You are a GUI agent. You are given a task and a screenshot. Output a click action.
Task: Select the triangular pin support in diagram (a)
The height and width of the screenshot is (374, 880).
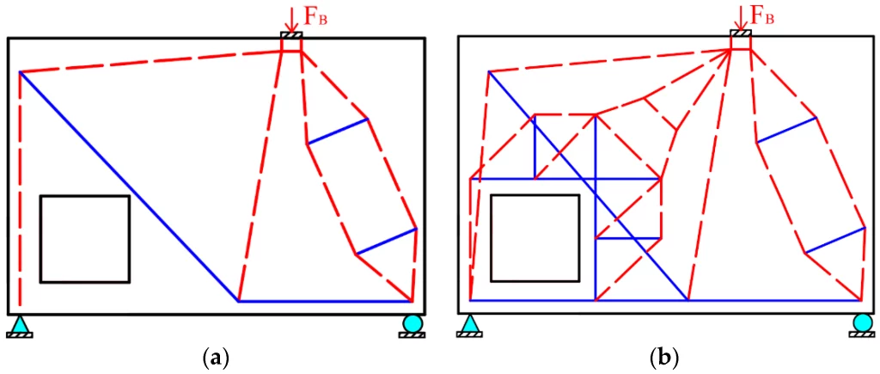(21, 326)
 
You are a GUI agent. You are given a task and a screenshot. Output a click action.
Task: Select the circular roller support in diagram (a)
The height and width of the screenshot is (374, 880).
(412, 326)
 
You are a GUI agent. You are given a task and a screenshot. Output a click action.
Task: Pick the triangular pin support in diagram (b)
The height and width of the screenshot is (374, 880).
(470, 326)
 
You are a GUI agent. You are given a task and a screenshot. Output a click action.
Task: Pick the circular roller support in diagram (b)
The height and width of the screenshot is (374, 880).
(862, 326)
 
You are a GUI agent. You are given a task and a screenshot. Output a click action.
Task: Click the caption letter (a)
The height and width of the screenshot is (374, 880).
(214, 357)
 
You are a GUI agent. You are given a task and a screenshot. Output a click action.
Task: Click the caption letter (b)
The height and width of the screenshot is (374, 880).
(664, 357)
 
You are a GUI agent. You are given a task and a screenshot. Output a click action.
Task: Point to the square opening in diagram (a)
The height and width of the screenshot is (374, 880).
(85, 196)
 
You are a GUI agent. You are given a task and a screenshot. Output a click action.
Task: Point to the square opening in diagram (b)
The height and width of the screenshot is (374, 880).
(535, 195)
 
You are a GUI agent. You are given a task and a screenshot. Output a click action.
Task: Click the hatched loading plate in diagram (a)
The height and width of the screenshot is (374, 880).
(291, 35)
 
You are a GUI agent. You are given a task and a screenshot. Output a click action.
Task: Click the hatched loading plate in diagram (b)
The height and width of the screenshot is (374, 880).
(741, 34)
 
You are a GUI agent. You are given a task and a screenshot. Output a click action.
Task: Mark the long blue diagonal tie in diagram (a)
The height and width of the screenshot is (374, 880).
(129, 187)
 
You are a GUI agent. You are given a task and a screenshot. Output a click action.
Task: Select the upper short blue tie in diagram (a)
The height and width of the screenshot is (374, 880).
(337, 132)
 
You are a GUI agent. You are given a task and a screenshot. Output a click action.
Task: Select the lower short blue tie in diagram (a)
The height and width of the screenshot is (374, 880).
(386, 242)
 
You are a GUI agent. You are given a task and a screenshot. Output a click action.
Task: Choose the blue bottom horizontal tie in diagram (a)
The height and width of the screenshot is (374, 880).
(326, 302)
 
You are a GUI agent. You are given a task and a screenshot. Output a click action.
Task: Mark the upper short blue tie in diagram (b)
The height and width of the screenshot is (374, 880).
(785, 130)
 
